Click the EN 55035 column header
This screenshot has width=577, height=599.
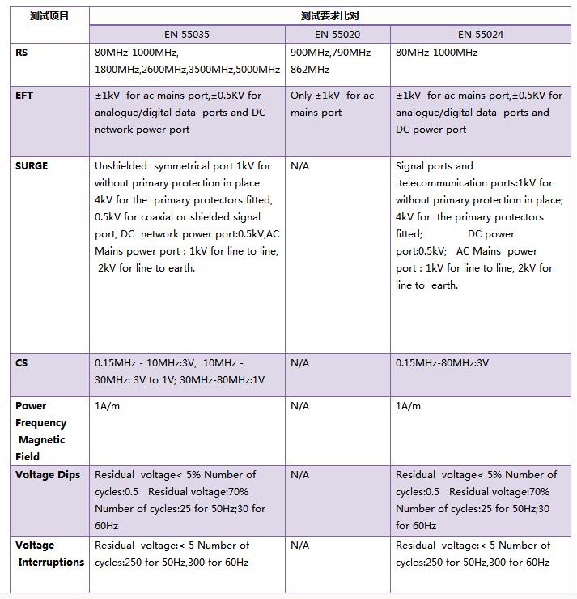coord(187,34)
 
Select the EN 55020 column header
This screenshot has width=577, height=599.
coord(337,34)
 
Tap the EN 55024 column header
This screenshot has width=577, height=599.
coord(481,34)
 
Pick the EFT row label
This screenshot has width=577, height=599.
coord(24,96)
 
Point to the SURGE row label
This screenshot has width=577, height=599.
coord(32,166)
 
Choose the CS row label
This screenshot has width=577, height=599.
coord(22,363)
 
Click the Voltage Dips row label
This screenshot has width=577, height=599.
coord(48,475)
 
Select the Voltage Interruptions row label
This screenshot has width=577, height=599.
coord(49,554)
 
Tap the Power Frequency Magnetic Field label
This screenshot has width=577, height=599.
coord(41,431)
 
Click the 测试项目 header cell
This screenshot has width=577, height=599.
coord(49,16)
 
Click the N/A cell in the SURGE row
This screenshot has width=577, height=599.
coord(299,166)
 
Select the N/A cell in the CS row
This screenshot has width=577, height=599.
coord(299,363)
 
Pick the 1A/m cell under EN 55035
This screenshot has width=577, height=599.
coord(107,406)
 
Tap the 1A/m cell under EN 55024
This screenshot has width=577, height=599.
coord(408,406)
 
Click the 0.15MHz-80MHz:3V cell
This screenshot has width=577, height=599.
coord(442,363)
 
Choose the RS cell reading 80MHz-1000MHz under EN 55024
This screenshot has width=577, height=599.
coord(436,53)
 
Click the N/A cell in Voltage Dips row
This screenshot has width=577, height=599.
coord(299,475)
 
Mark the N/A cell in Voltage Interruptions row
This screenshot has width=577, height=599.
coord(299,546)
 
